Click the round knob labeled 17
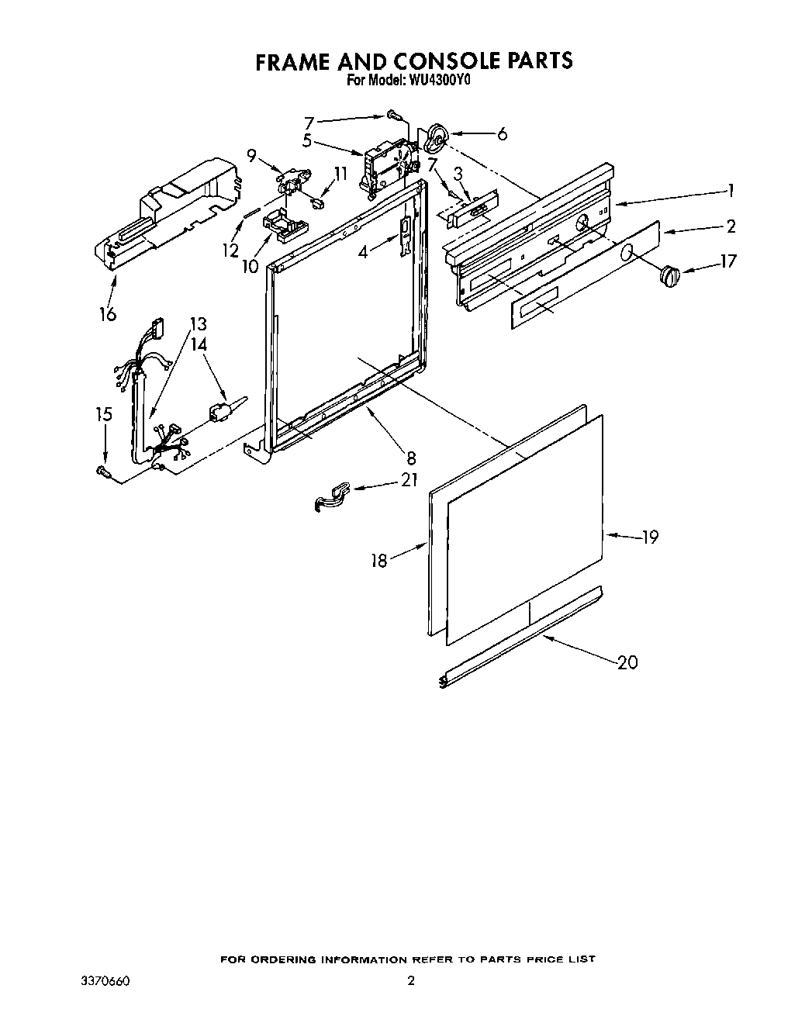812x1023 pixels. pos(669,275)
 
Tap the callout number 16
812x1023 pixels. pos(107,314)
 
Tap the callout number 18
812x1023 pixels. pos(378,560)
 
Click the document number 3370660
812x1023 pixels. pos(104,982)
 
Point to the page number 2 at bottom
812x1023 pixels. pos(411,982)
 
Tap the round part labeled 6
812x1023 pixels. pos(437,140)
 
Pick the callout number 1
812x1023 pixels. pos(729,191)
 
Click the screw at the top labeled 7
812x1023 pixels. pos(394,116)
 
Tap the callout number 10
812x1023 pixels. pos(249,266)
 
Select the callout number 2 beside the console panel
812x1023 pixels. pos(729,226)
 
